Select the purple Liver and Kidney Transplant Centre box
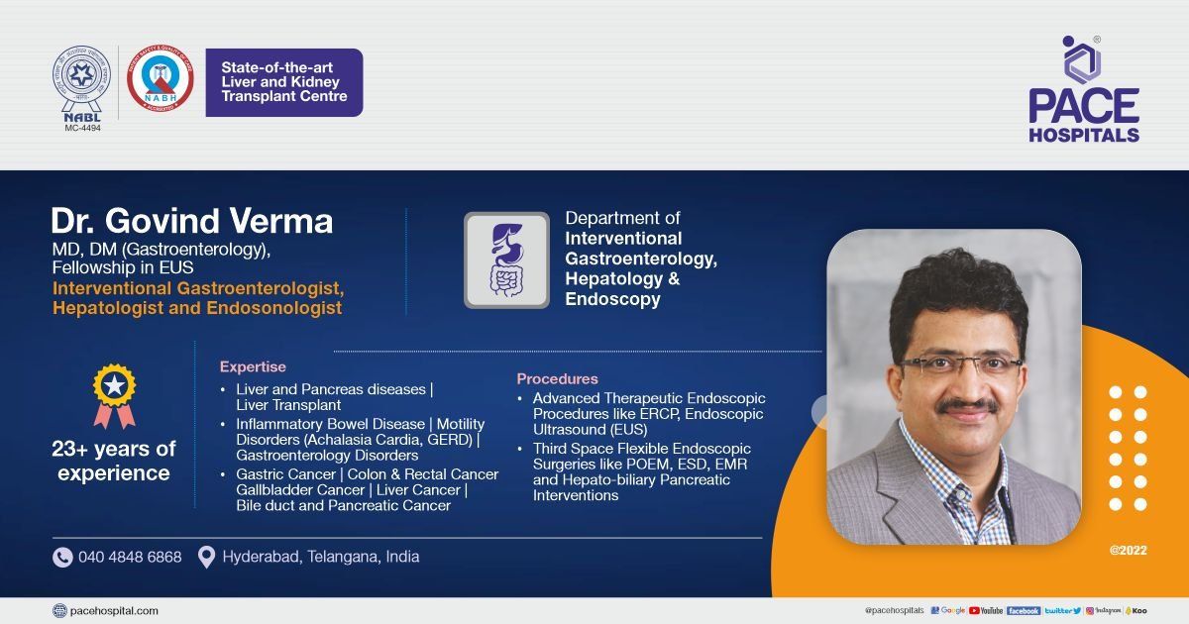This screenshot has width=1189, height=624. pyautogui.click(x=284, y=83)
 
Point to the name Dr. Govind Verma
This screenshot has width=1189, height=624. pyautogui.click(x=192, y=221)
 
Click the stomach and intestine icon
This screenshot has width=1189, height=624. pyautogui.click(x=506, y=260)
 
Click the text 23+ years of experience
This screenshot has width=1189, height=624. pyautogui.click(x=114, y=461)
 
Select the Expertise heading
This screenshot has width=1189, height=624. pyautogui.click(x=253, y=366)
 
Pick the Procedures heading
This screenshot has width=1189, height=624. pyautogui.click(x=557, y=378)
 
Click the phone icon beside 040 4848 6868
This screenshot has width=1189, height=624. pyautogui.click(x=62, y=558)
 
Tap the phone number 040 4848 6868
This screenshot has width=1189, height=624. pyautogui.click(x=130, y=558)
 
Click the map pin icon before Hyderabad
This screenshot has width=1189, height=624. pyautogui.click(x=206, y=558)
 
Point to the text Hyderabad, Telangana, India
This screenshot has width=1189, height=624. pyautogui.click(x=320, y=558)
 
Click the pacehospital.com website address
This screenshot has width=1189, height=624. pyautogui.click(x=114, y=611)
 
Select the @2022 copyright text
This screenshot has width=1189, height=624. pyautogui.click(x=1129, y=550)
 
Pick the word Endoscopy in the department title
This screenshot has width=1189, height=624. pyautogui.click(x=612, y=299)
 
